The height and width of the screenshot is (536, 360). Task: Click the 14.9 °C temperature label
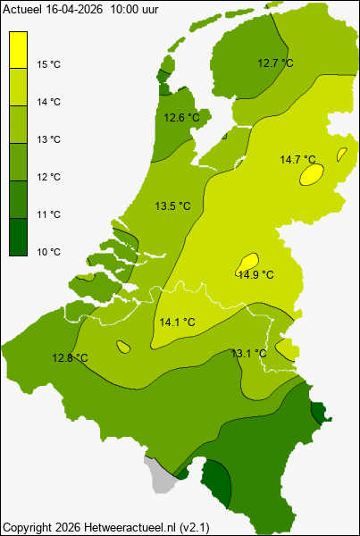pyautogui.click(x=255, y=275)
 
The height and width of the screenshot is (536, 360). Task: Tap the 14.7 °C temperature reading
pyautogui.click(x=298, y=160)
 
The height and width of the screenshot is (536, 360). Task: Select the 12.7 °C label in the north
pyautogui.click(x=275, y=63)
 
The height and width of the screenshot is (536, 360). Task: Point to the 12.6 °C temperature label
pyautogui.click(x=181, y=117)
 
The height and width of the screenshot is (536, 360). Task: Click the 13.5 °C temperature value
pyautogui.click(x=172, y=206)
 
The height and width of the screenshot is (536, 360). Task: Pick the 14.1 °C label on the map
pyautogui.click(x=177, y=322)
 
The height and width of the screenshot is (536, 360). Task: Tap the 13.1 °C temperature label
pyautogui.click(x=248, y=354)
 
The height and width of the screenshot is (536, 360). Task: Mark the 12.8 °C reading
pyautogui.click(x=70, y=358)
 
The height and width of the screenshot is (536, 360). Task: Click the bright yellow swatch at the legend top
pyautogui.click(x=18, y=49)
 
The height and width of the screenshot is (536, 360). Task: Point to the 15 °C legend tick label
pyautogui.click(x=49, y=64)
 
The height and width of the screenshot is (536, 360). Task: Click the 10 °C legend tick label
pyautogui.click(x=49, y=252)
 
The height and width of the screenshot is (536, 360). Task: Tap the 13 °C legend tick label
pyautogui.click(x=49, y=139)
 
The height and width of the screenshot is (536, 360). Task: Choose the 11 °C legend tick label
pyautogui.click(x=49, y=214)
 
